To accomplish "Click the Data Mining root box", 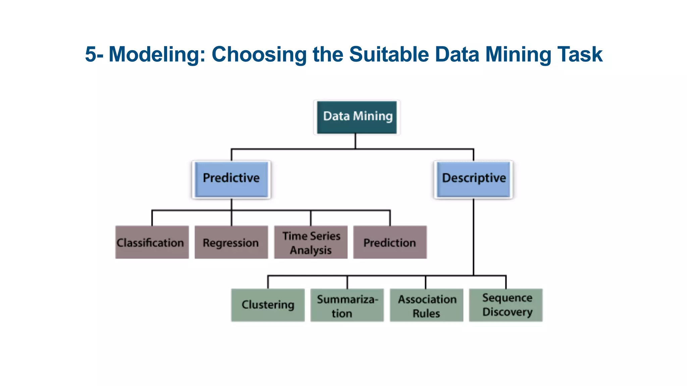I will click(357, 117).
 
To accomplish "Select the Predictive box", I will click(231, 179).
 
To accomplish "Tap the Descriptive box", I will click(473, 179).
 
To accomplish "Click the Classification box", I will click(152, 242).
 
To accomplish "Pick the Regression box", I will click(231, 242).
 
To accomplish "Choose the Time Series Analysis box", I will click(311, 242).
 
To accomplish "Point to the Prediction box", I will click(390, 242).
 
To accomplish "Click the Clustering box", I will click(268, 305).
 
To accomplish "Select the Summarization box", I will click(347, 305).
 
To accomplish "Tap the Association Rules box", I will click(426, 305).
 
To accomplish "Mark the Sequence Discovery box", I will click(506, 305).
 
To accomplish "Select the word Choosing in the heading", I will click(259, 54).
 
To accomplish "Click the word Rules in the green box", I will click(426, 313).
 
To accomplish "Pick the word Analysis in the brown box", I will click(311, 250).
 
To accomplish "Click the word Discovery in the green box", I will click(507, 312).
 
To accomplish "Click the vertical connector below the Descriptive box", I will click(473, 238).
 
